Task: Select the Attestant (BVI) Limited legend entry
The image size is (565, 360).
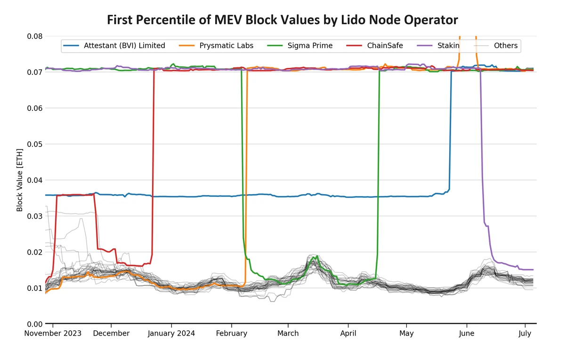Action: point(124,46)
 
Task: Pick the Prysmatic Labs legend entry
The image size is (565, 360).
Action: point(226,46)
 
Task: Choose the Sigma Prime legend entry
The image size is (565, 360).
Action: point(310,46)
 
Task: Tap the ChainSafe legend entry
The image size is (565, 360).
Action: point(387,46)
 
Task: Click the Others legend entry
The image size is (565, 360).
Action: point(505,46)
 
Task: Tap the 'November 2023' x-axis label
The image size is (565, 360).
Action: point(53,334)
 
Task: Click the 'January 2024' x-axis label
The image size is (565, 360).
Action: point(171,334)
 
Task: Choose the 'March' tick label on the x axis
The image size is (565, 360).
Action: point(288,334)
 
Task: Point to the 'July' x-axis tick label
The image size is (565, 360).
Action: point(525,334)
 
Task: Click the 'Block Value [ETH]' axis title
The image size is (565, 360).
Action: point(20,180)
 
